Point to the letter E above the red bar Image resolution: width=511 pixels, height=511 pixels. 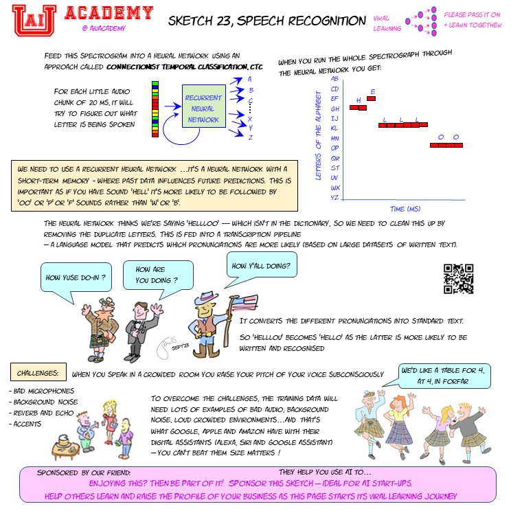372,91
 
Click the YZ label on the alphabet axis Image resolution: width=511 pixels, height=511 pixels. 334,197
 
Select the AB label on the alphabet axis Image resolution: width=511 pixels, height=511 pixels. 334,79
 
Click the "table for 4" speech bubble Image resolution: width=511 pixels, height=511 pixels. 444,376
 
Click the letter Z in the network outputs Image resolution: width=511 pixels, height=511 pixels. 251,137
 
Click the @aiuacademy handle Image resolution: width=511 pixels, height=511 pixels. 102,28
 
